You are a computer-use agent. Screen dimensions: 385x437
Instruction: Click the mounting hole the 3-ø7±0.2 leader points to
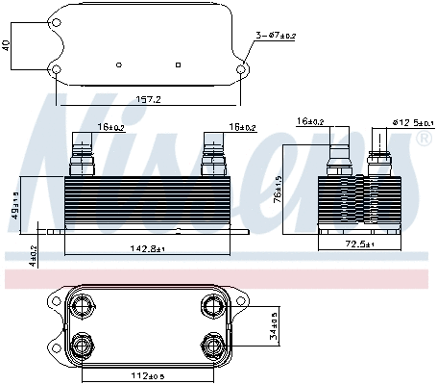click(242, 69)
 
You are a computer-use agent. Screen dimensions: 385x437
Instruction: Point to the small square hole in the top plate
click(180, 64)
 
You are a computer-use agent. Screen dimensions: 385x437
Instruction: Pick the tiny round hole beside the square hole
click(117, 64)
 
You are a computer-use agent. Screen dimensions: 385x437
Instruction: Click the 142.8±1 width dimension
click(147, 248)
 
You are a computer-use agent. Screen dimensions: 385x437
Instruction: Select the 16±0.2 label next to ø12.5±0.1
click(312, 122)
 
